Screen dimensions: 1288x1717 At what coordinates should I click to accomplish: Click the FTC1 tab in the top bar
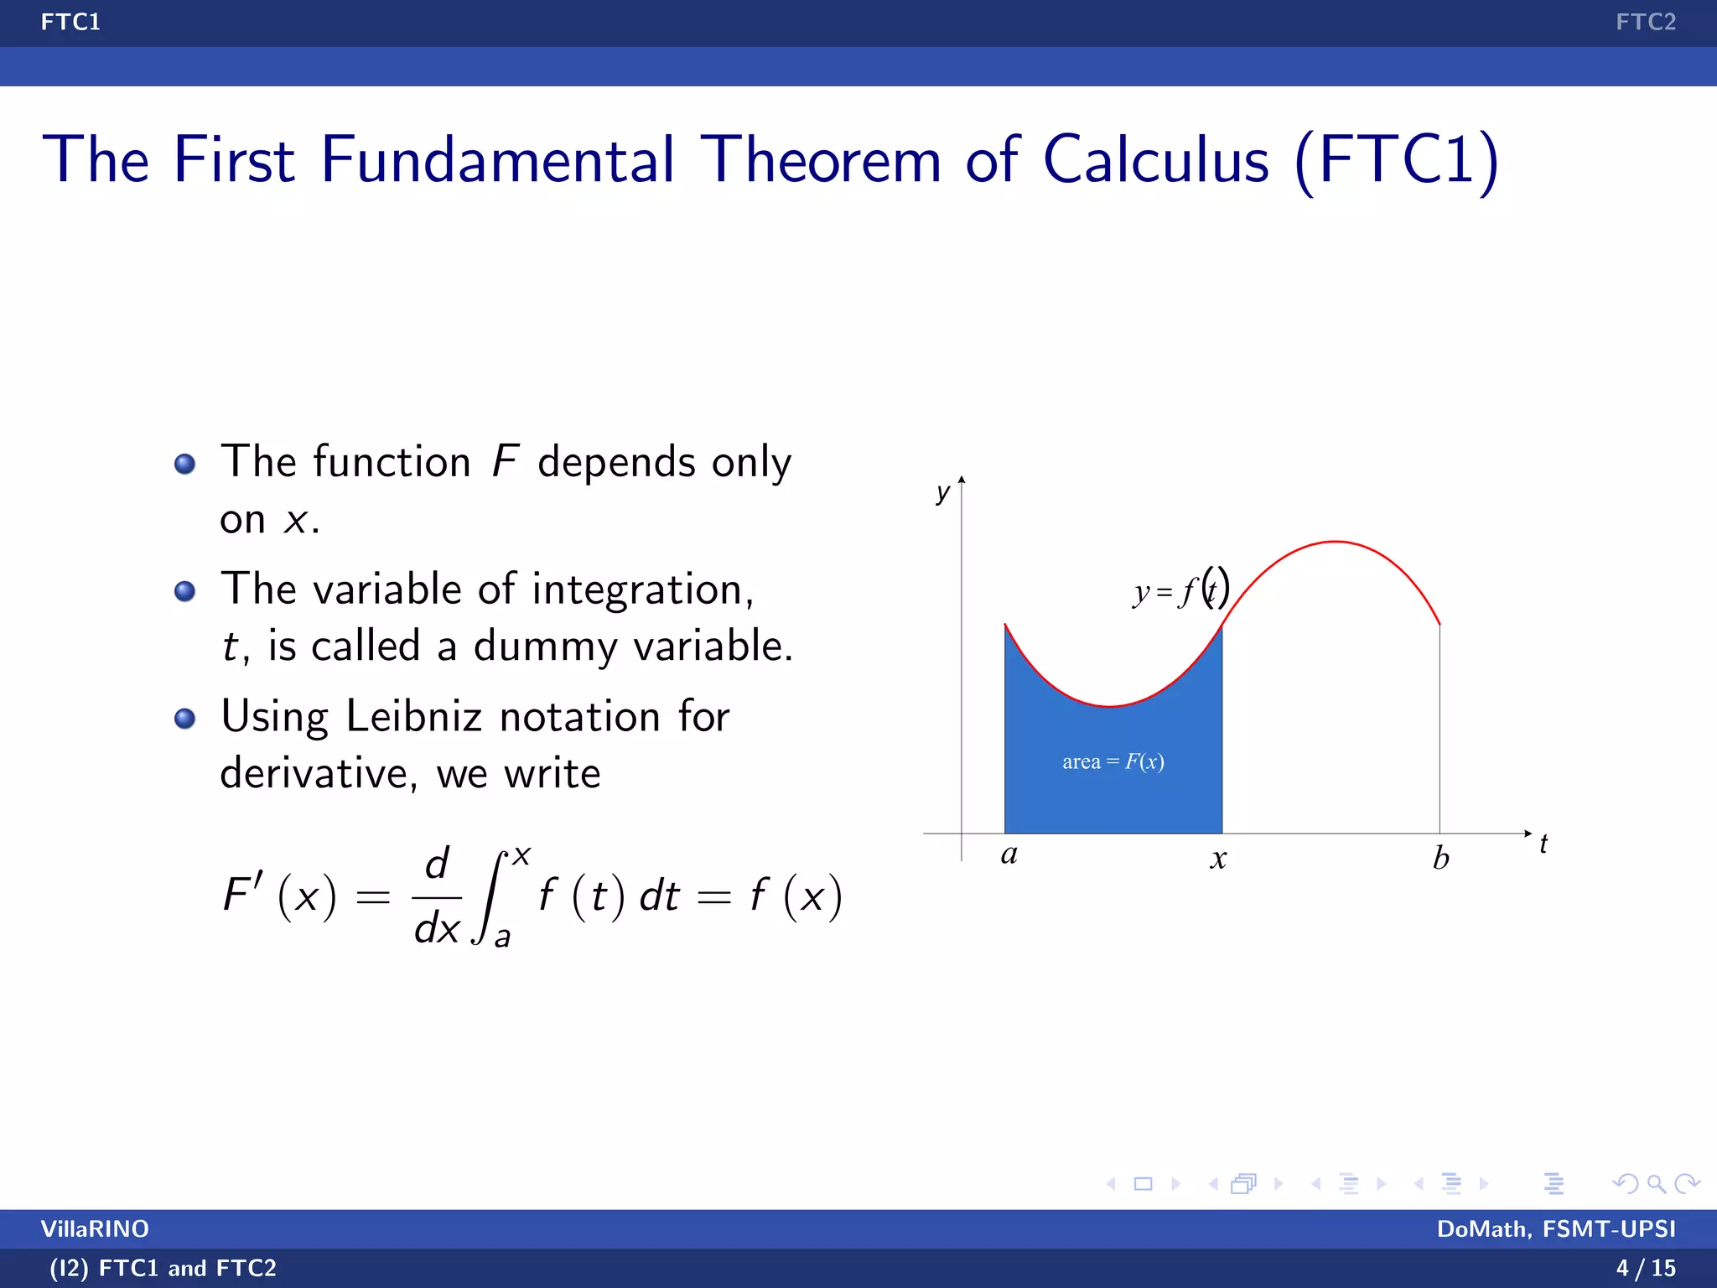point(70,22)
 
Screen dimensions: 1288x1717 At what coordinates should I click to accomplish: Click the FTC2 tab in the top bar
point(1645,22)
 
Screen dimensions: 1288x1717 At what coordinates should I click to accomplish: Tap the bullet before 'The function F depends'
point(184,464)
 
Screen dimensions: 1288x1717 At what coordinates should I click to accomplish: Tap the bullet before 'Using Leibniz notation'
point(184,719)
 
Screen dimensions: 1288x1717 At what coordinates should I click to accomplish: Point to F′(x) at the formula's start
point(279,896)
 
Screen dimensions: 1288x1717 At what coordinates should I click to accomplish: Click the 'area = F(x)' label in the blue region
point(1113,761)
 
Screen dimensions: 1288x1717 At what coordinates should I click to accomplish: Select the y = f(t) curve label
point(1180,590)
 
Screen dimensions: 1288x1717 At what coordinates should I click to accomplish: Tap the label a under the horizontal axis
point(1009,854)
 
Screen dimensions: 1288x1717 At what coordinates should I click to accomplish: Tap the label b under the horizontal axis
point(1440,858)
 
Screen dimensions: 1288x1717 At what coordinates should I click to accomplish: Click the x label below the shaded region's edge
point(1218,859)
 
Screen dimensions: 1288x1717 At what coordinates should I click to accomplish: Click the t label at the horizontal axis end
point(1543,844)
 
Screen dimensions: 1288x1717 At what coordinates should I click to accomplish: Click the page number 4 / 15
point(1645,1268)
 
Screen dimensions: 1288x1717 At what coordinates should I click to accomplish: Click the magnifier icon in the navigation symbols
point(1656,1183)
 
